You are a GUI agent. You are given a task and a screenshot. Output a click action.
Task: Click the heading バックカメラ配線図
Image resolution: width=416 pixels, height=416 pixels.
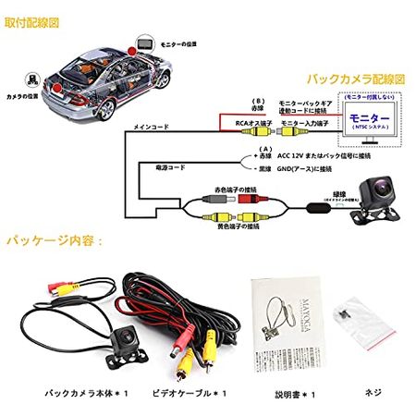click(x=357, y=81)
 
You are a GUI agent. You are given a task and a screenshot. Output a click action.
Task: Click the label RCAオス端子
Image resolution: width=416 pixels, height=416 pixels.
click(x=251, y=123)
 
